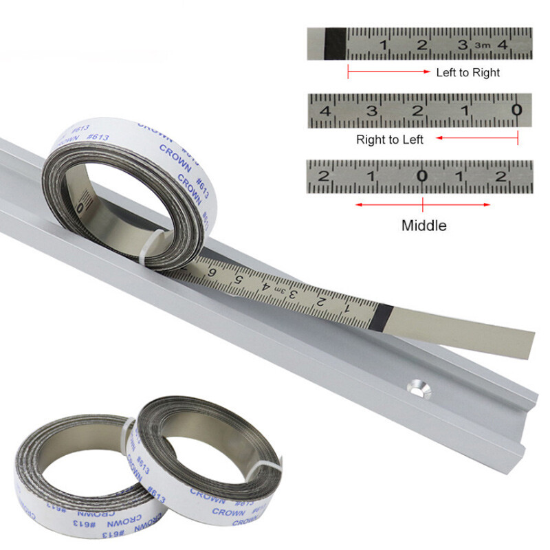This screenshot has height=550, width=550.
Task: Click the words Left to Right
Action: [467, 72]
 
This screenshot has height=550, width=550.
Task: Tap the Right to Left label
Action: [389, 140]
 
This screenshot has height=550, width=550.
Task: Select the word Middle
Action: [424, 225]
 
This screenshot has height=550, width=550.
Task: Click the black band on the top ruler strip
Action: [335, 43]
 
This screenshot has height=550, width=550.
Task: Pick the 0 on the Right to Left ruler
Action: [516, 110]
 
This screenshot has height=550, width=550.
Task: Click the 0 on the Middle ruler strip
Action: [422, 176]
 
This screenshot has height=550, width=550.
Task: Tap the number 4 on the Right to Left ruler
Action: [324, 111]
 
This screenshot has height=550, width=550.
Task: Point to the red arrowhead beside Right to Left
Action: [440, 139]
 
